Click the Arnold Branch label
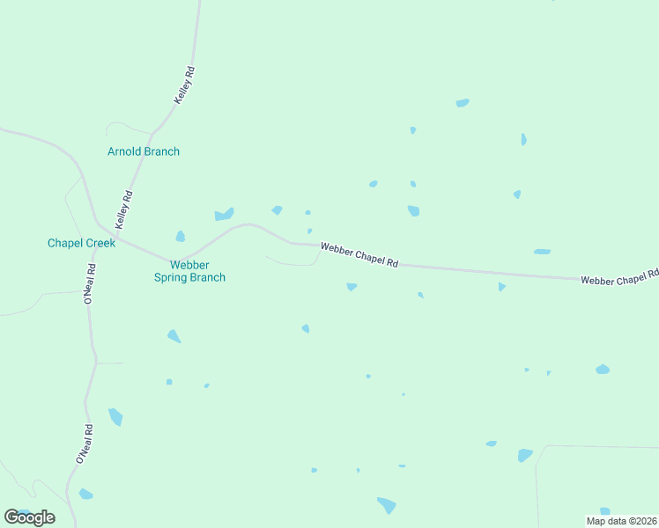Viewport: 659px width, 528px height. click(x=144, y=151)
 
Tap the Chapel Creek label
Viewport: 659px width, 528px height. click(x=82, y=243)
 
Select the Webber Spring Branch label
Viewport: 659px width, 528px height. click(x=189, y=271)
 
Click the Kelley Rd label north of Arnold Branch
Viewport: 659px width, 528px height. click(x=184, y=86)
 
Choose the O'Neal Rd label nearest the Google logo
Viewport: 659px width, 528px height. click(x=85, y=444)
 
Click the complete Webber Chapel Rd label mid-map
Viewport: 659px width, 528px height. click(x=359, y=256)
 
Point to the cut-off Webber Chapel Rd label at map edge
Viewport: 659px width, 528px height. click(x=619, y=278)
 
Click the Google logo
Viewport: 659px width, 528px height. click(x=29, y=517)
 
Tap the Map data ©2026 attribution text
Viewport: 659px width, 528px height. click(x=621, y=521)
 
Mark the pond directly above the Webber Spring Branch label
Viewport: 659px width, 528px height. click(x=181, y=236)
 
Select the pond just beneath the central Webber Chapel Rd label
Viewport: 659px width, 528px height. click(x=352, y=287)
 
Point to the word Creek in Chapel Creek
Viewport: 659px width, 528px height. click(x=100, y=243)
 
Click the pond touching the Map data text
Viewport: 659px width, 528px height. click(x=605, y=511)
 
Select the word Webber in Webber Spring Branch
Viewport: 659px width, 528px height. click(x=189, y=264)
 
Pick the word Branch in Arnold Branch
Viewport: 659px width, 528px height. click(x=161, y=151)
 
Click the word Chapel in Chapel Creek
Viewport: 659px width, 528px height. click(x=64, y=243)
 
